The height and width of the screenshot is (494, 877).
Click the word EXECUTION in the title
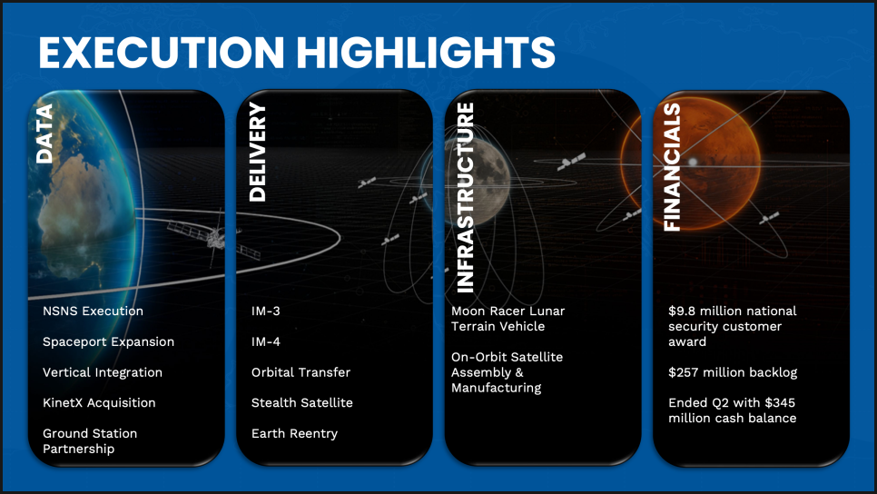tap(162, 53)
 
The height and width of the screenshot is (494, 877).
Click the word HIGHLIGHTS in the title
tap(426, 53)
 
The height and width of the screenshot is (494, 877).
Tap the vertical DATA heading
tap(44, 133)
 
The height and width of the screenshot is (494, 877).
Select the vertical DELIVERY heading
tap(257, 152)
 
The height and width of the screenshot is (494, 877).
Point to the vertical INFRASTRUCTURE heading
tap(466, 197)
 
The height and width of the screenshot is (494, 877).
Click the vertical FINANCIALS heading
tap(672, 167)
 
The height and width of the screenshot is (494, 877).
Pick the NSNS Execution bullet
tap(93, 311)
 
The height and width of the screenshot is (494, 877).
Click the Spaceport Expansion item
tap(109, 341)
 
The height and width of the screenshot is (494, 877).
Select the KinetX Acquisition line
tap(99, 403)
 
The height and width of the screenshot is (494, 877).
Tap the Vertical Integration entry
tap(103, 372)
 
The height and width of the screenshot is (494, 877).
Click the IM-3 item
tap(266, 311)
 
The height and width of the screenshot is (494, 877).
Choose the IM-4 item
tap(266, 341)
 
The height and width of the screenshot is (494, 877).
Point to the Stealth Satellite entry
tap(302, 403)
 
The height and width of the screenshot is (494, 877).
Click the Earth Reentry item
tap(295, 433)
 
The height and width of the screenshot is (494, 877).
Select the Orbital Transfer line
tap(301, 372)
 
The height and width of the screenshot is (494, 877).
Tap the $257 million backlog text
tap(733, 372)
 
